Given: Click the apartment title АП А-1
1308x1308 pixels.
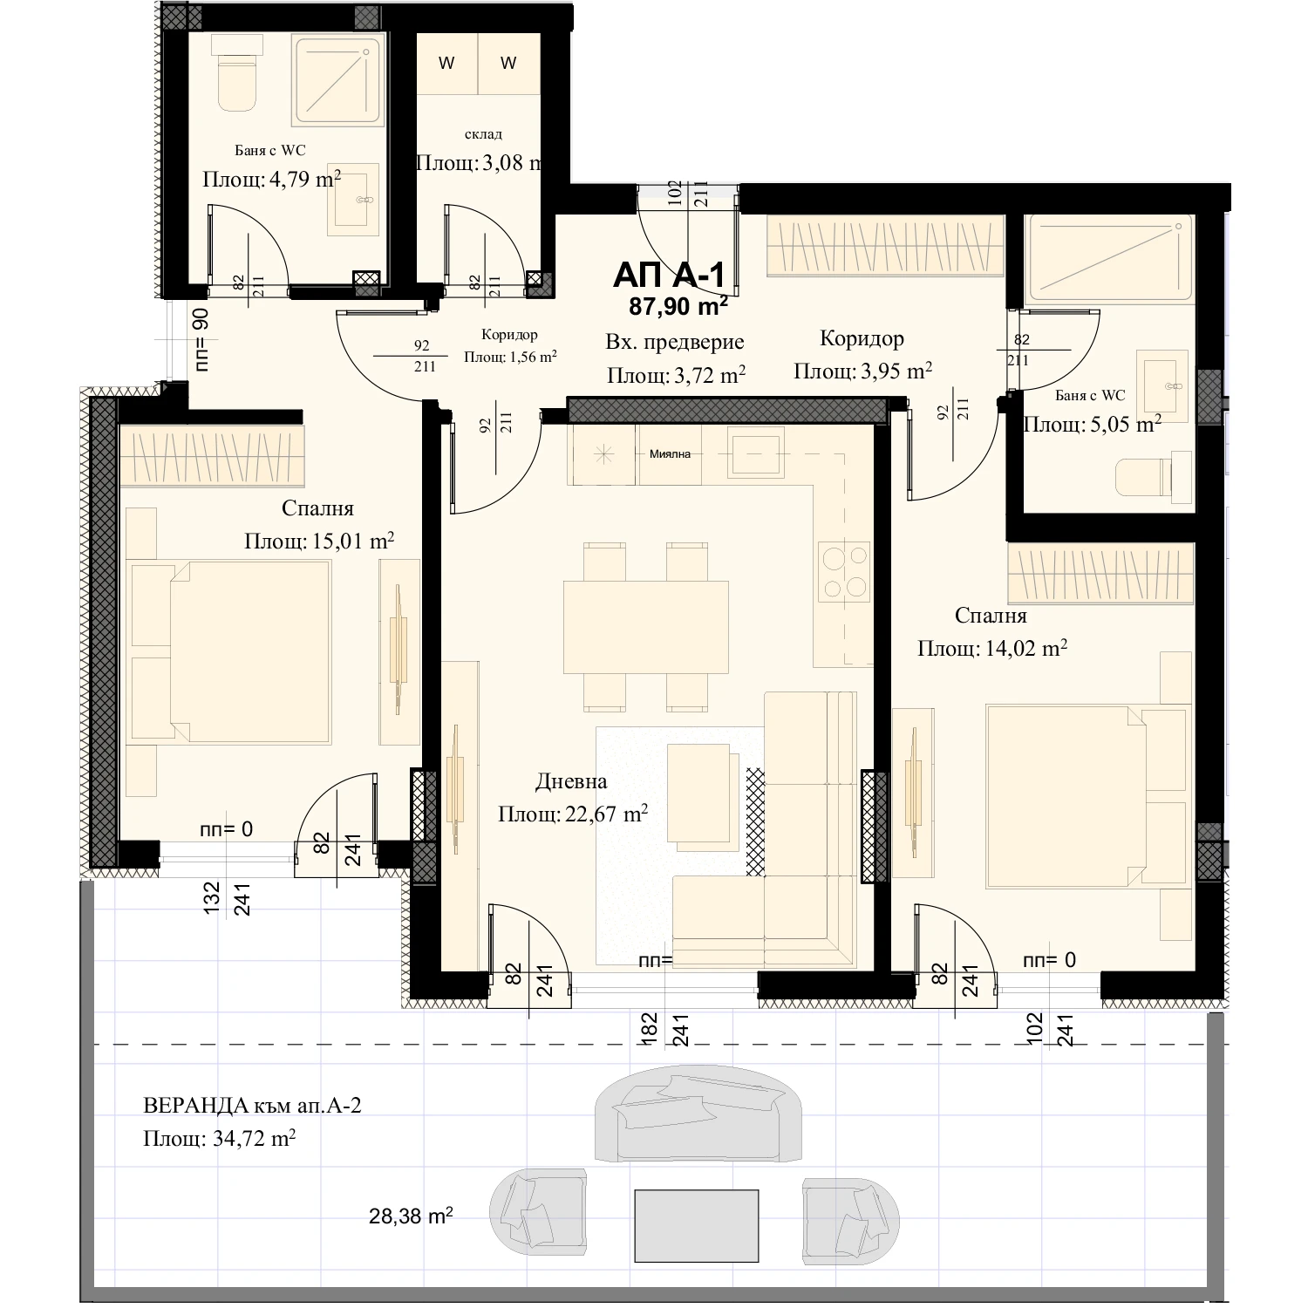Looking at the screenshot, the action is tap(669, 276).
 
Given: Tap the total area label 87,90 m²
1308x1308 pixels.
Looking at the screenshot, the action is tap(678, 306).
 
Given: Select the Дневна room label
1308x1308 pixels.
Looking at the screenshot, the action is tap(571, 781).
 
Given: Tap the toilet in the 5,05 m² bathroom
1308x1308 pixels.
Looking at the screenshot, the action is tap(1154, 477).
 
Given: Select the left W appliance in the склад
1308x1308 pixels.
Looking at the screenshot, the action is tap(446, 63).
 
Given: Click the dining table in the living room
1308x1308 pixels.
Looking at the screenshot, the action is tap(646, 627).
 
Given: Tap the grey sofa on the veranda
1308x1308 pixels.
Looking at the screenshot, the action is tap(698, 1117).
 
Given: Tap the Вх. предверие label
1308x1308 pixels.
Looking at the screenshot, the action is tap(675, 342).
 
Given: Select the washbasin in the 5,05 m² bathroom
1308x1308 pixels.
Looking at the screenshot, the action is tap(1162, 385).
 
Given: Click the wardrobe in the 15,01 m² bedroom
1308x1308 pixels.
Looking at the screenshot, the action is tap(212, 456).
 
